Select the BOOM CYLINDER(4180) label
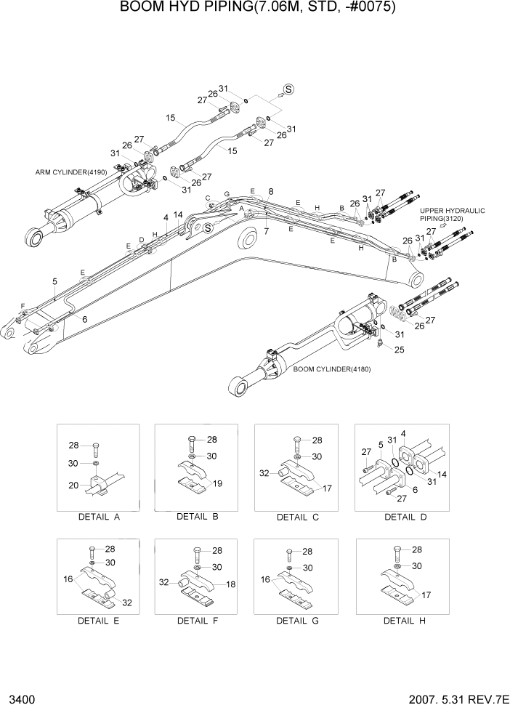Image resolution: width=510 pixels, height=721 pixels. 332,369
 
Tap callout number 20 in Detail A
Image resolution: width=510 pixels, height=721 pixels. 73,486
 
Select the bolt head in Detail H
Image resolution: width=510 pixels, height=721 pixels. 396,549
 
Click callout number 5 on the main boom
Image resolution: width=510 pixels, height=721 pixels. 54,281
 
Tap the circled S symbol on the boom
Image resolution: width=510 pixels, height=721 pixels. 207,227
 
